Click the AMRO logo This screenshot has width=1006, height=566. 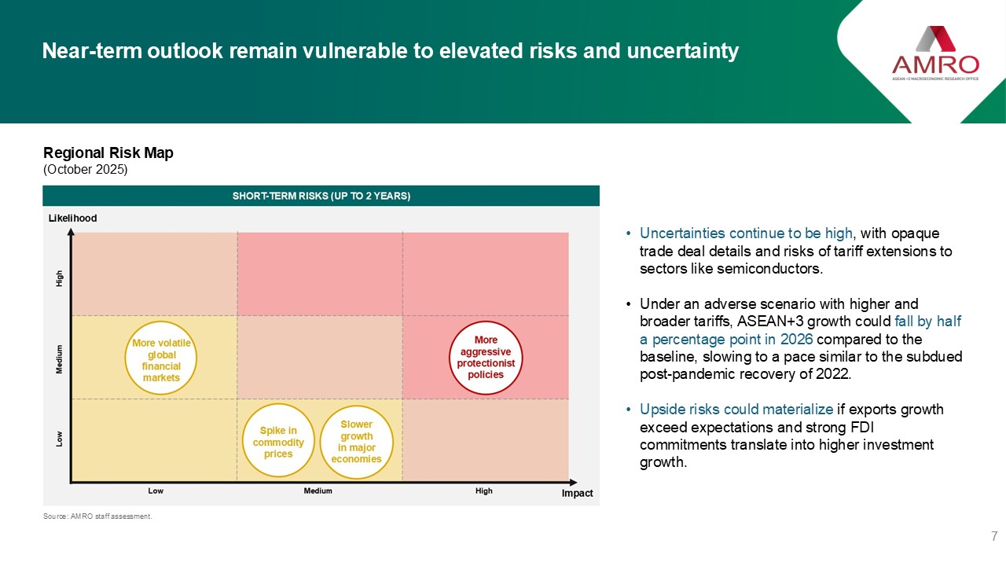click(x=935, y=53)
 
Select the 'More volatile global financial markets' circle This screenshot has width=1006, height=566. click(x=161, y=322)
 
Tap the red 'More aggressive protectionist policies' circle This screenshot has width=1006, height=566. click(x=486, y=322)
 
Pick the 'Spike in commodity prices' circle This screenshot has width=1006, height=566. click(x=278, y=404)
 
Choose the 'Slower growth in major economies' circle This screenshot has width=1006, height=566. click(x=357, y=406)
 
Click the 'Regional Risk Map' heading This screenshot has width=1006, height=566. click(x=108, y=153)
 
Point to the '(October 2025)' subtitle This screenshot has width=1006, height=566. click(x=86, y=169)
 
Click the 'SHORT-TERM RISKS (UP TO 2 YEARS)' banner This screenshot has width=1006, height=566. click(x=321, y=196)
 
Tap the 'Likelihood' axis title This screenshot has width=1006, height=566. click(x=73, y=218)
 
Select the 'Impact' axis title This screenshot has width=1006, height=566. click(x=577, y=493)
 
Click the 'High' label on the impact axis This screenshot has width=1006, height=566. click(x=484, y=491)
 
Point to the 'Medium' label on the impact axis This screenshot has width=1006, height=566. click(x=318, y=491)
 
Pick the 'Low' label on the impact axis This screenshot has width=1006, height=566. click(x=156, y=491)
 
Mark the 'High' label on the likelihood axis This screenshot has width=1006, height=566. click(x=59, y=278)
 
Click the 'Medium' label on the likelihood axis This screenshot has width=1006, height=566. click(x=59, y=359)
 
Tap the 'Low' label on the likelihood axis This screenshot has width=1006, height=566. click(x=59, y=439)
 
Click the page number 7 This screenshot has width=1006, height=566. click(x=994, y=536)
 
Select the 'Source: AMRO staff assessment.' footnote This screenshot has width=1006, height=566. click(x=97, y=516)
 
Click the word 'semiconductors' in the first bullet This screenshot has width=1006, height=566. click(x=769, y=269)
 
